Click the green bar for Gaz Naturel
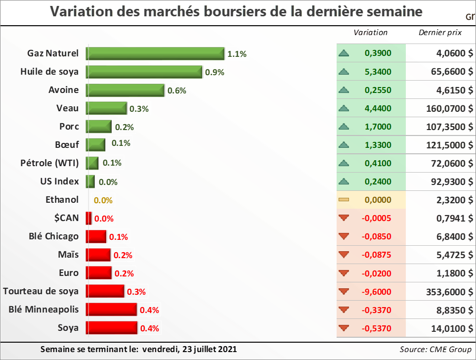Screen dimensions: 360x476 155,53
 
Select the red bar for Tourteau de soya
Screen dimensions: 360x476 105,291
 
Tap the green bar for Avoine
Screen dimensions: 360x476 125,90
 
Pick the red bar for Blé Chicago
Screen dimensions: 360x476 96,236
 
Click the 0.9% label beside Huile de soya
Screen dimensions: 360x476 215,72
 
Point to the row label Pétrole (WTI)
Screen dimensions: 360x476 49,163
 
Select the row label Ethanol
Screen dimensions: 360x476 62,200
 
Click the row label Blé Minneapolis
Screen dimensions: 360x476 43,310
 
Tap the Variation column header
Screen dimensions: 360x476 370,33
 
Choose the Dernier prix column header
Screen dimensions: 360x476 440,33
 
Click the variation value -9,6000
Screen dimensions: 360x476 378,292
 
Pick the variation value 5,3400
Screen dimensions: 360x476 378,72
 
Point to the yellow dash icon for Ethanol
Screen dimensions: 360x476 344,200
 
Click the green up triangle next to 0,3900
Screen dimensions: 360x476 344,53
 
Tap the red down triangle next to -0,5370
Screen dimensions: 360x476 344,328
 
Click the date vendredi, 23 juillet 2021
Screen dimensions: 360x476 189,349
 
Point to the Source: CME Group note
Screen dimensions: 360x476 435,349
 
